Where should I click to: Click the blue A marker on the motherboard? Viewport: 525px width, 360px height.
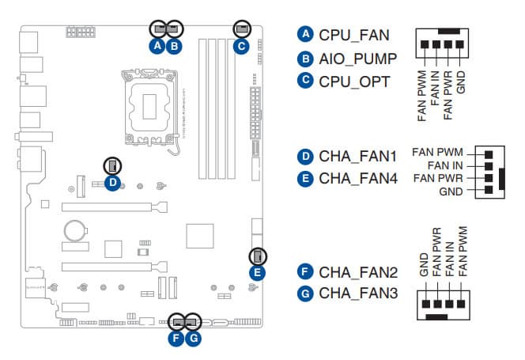coord(158,47)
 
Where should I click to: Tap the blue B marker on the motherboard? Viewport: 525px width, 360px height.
coord(175,47)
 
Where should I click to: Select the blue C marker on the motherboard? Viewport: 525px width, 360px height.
coord(241,47)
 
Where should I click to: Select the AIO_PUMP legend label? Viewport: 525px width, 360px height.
coord(358,59)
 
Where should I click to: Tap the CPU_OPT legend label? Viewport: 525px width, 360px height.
coord(353,81)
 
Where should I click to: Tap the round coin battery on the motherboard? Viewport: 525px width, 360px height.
coord(73,229)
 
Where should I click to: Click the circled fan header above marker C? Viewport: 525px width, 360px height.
coord(241,28)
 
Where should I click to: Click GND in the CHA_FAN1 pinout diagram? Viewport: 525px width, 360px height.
coord(451,191)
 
